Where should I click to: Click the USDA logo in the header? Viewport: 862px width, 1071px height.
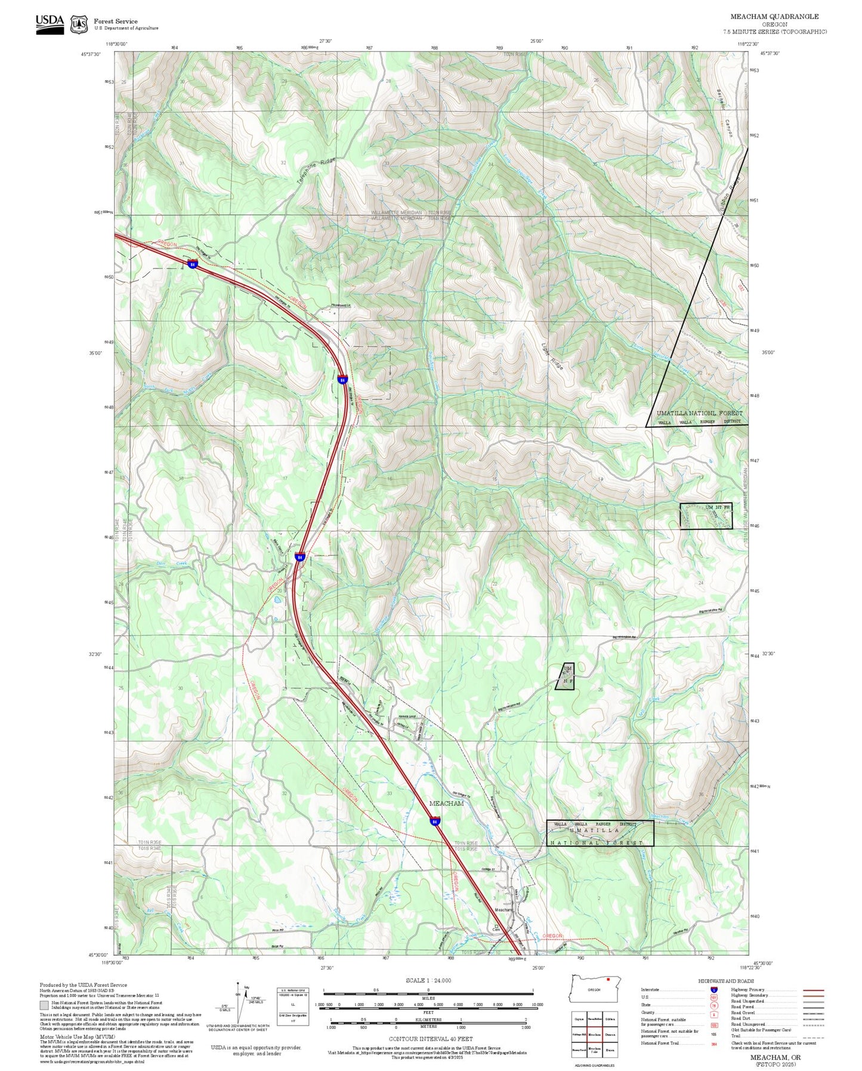point(50,24)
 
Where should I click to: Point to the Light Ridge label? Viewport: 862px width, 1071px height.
point(552,355)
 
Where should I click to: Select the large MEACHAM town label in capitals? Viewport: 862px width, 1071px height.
point(446,803)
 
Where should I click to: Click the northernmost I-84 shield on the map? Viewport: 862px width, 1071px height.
point(192,263)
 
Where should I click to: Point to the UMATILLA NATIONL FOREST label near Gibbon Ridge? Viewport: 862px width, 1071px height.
point(699,413)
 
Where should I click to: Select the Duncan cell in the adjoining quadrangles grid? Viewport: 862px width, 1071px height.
point(610,1034)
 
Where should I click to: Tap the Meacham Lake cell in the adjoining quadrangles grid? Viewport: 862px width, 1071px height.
point(594,1050)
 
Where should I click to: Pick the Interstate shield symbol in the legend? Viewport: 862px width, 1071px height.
point(713,989)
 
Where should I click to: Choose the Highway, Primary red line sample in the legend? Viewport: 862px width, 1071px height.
point(813,990)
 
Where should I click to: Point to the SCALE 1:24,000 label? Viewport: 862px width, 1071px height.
point(428,980)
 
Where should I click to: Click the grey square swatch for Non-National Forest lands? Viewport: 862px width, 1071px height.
point(44,1005)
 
